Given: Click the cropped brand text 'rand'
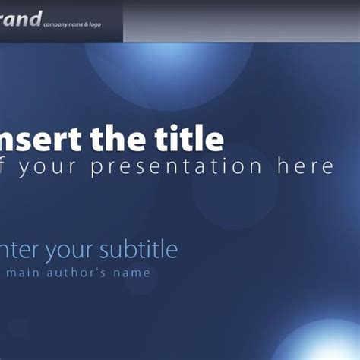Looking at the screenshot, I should coord(20,18).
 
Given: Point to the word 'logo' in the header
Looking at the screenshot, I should coord(93,25).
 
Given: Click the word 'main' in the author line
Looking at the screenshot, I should coord(24,273).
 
